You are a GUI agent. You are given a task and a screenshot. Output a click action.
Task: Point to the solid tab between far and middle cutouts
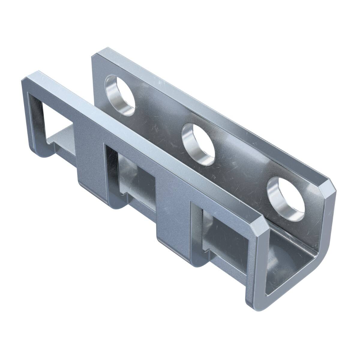coord(90,156)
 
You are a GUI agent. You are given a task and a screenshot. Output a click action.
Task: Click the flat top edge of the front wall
coord(144,144)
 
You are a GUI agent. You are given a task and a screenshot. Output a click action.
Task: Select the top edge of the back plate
coord(210,114)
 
